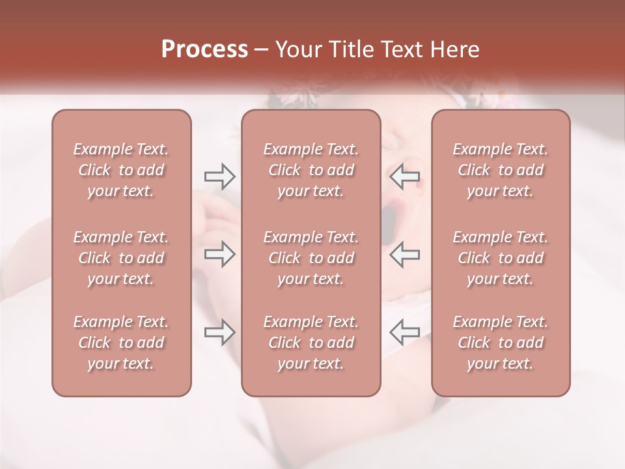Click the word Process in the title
pyautogui.click(x=204, y=50)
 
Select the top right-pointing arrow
pyautogui.click(x=219, y=176)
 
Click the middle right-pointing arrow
pyautogui.click(x=219, y=254)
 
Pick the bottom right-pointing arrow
pyautogui.click(x=219, y=332)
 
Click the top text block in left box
pyautogui.click(x=121, y=170)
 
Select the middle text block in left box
pyautogui.click(x=121, y=258)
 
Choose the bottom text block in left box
pyautogui.click(x=121, y=343)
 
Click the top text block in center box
pyautogui.click(x=311, y=170)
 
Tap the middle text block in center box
pyautogui.click(x=311, y=258)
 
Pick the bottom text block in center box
pyautogui.click(x=311, y=343)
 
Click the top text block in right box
pyautogui.click(x=501, y=170)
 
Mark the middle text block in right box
pyautogui.click(x=501, y=258)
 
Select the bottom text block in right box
pyautogui.click(x=501, y=343)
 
